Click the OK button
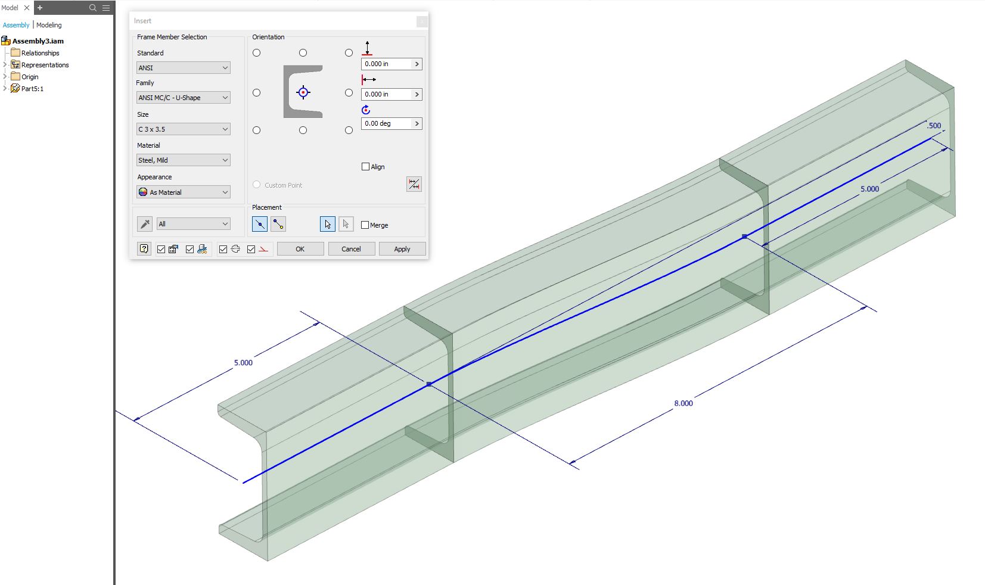coord(300,249)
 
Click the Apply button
coord(402,249)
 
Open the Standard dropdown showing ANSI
coord(183,68)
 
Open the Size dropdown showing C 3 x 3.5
coord(183,129)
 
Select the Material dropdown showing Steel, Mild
coord(183,160)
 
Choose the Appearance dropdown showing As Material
coord(183,192)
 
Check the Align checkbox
coord(366,167)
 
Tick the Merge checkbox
coord(365,225)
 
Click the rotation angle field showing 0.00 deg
coord(386,123)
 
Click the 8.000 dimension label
coord(683,403)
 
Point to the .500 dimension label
coord(934,126)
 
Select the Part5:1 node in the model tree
coord(32,89)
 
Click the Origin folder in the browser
coord(29,77)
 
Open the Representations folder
coord(45,65)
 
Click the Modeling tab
coord(49,25)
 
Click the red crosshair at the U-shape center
coord(303,92)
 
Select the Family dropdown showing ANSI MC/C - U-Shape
coord(183,98)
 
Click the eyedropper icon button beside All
coord(145,224)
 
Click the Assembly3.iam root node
coord(38,41)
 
